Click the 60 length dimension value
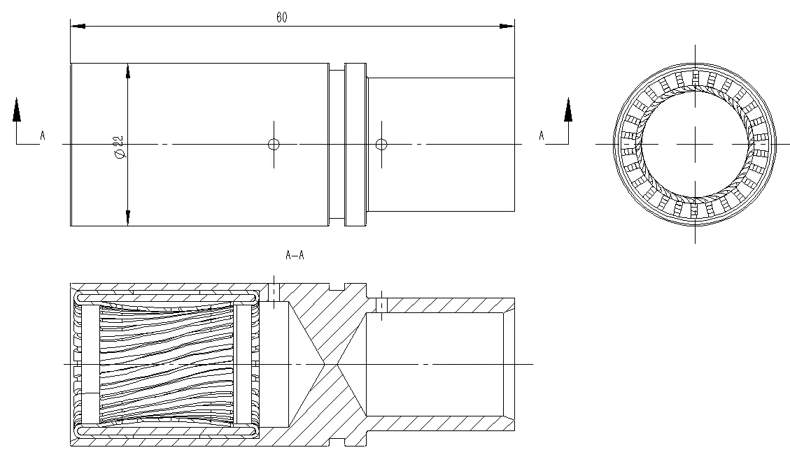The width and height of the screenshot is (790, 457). coord(281,18)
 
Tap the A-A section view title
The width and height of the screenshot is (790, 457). coord(295,255)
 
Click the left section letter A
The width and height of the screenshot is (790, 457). coord(42,136)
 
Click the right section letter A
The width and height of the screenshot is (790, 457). coord(541,136)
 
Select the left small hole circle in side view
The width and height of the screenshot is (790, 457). coord(274,145)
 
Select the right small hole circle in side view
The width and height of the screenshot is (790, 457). coord(381,145)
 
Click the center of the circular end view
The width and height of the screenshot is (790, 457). coord(694,144)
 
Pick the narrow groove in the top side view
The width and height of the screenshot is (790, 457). coord(337,144)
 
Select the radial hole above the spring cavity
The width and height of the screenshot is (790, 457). coord(274,292)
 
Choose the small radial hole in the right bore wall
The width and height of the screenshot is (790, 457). coord(381,305)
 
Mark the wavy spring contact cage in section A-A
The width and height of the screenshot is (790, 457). coord(167,364)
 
